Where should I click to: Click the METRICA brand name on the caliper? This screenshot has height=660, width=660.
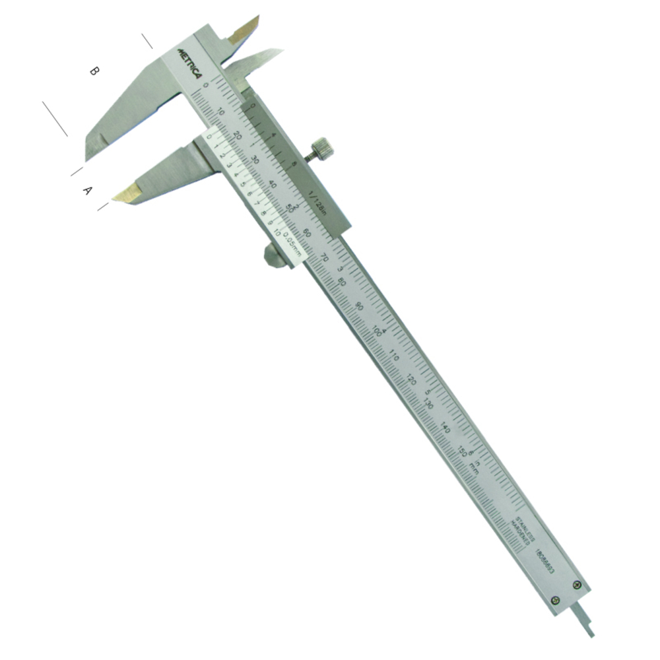click(x=192, y=61)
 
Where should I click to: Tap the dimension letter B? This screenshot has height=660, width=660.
click(x=94, y=71)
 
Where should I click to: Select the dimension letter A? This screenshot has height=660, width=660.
click(x=86, y=191)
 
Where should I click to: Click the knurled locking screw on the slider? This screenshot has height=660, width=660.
click(x=321, y=147)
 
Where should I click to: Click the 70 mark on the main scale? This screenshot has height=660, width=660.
click(x=323, y=257)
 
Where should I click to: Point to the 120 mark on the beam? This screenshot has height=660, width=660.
click(x=411, y=380)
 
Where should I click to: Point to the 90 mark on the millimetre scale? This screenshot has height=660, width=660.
click(x=358, y=307)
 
